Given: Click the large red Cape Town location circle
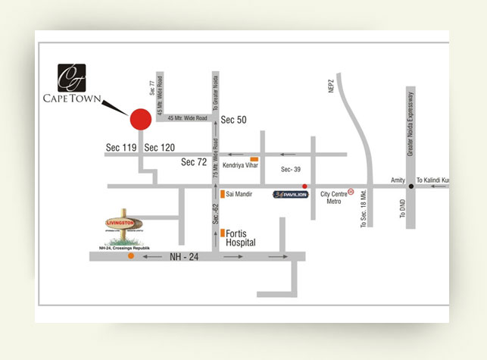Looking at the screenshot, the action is click(140, 119).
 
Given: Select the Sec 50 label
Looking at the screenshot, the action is click(234, 120).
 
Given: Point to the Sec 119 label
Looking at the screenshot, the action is click(121, 148).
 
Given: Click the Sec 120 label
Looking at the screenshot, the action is click(159, 148).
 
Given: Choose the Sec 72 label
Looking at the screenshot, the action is click(194, 162).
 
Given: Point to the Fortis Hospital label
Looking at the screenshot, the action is click(241, 239).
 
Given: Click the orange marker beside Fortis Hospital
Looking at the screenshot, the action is click(222, 233).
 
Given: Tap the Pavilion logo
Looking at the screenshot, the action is click(291, 195).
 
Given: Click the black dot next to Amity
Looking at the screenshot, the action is click(411, 186).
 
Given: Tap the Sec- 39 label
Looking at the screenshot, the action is click(291, 169).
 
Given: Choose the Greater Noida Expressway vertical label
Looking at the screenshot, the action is click(411, 125).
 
